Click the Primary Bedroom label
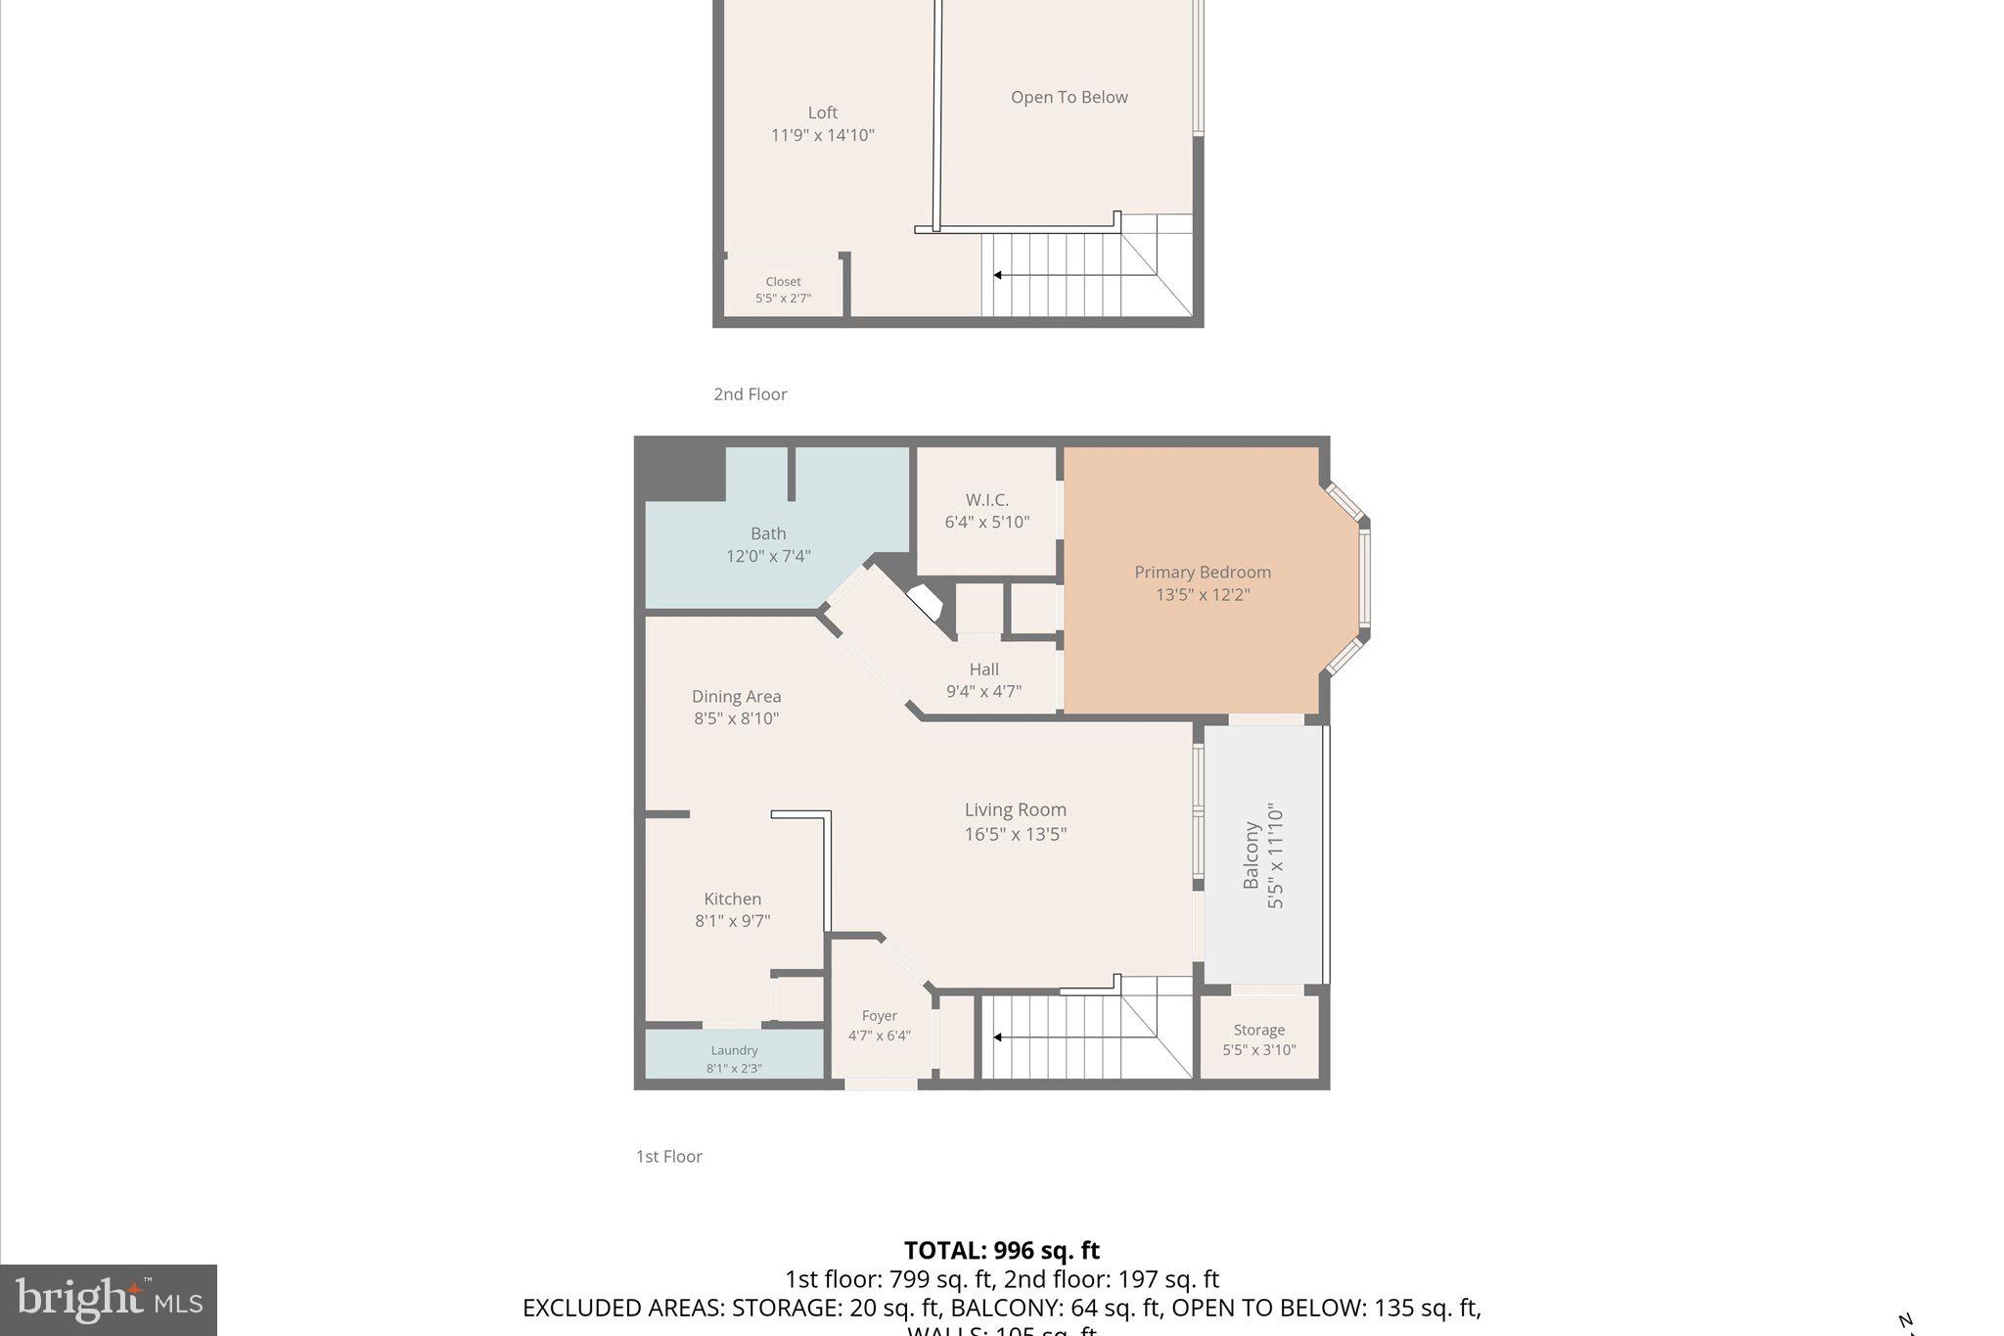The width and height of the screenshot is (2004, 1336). click(1202, 573)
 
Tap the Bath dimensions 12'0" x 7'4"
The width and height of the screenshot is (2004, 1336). click(768, 556)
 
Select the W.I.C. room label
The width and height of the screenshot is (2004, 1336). click(986, 500)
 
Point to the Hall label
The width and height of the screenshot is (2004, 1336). click(983, 669)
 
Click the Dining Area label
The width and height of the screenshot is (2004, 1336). click(736, 697)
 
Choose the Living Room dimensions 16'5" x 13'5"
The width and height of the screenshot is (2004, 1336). click(1015, 834)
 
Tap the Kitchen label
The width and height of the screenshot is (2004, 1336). click(732, 898)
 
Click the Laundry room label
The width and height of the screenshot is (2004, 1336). click(734, 1050)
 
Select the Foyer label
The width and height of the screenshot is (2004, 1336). click(879, 1016)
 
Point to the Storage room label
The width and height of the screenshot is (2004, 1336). click(1258, 1030)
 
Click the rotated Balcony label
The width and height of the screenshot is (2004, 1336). click(1251, 855)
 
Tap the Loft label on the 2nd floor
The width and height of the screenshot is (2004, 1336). click(822, 113)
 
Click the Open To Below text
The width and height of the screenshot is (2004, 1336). click(1069, 97)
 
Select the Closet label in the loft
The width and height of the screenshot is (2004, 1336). click(783, 282)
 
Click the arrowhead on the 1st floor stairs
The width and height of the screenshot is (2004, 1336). click(997, 1037)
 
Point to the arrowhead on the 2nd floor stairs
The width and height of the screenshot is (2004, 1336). click(997, 275)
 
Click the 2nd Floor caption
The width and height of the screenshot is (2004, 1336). click(750, 394)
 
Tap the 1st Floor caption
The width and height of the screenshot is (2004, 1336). click(668, 1157)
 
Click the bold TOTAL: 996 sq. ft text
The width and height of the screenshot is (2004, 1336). click(1001, 1251)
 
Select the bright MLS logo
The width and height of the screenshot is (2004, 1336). click(109, 1300)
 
